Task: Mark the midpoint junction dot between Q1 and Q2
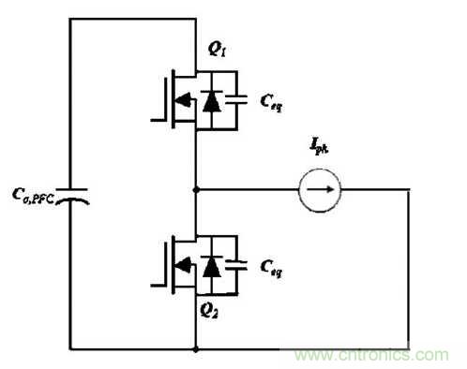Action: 194,191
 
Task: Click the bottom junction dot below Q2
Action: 194,348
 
